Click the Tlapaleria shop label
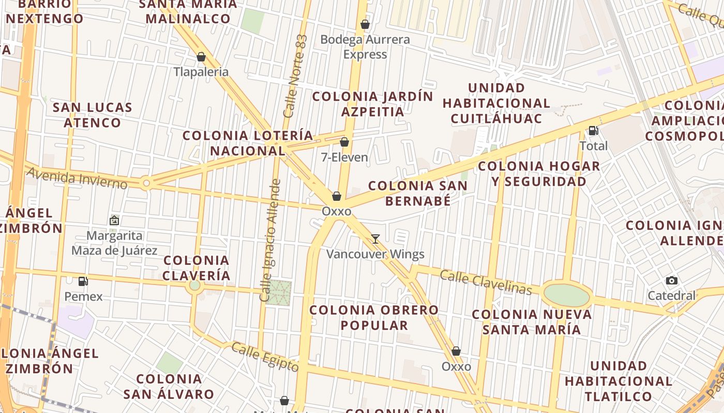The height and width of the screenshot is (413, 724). coord(201,72)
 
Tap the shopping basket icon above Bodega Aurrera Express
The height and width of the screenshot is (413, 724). coord(365,24)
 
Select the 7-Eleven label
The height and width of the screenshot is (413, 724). coord(344,157)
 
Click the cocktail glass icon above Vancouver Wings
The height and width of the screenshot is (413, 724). coord(375,239)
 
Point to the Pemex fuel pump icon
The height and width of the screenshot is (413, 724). coord(83,281)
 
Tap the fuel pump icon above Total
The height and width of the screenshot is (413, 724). coord(593,131)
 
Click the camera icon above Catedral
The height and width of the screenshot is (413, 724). coord(672,280)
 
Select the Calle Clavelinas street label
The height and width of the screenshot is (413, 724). coord(486,282)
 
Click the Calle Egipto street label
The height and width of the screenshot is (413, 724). coord(265,357)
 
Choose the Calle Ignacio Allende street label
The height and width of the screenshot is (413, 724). coord(269,240)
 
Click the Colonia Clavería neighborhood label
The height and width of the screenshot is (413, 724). coord(197,268)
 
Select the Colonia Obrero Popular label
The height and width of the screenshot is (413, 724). coord(374,317)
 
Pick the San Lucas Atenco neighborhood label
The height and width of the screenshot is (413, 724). coord(93,115)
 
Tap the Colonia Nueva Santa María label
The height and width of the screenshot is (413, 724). coord(532,322)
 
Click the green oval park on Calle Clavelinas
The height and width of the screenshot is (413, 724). coord(567,295)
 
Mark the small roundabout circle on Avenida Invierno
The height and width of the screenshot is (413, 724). coord(146,183)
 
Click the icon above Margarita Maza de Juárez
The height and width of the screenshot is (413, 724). coord(114,220)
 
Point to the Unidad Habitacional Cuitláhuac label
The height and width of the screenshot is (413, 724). coord(496,103)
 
